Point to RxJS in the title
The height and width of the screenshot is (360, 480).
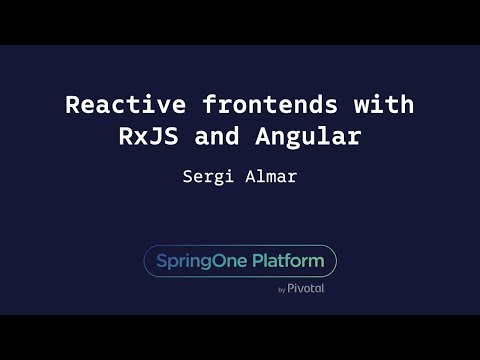coord(146,138)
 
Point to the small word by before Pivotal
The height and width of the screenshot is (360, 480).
coord(282,289)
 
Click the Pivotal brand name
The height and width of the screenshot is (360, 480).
coord(306,288)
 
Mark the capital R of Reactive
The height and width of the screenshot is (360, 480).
coord(72,105)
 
